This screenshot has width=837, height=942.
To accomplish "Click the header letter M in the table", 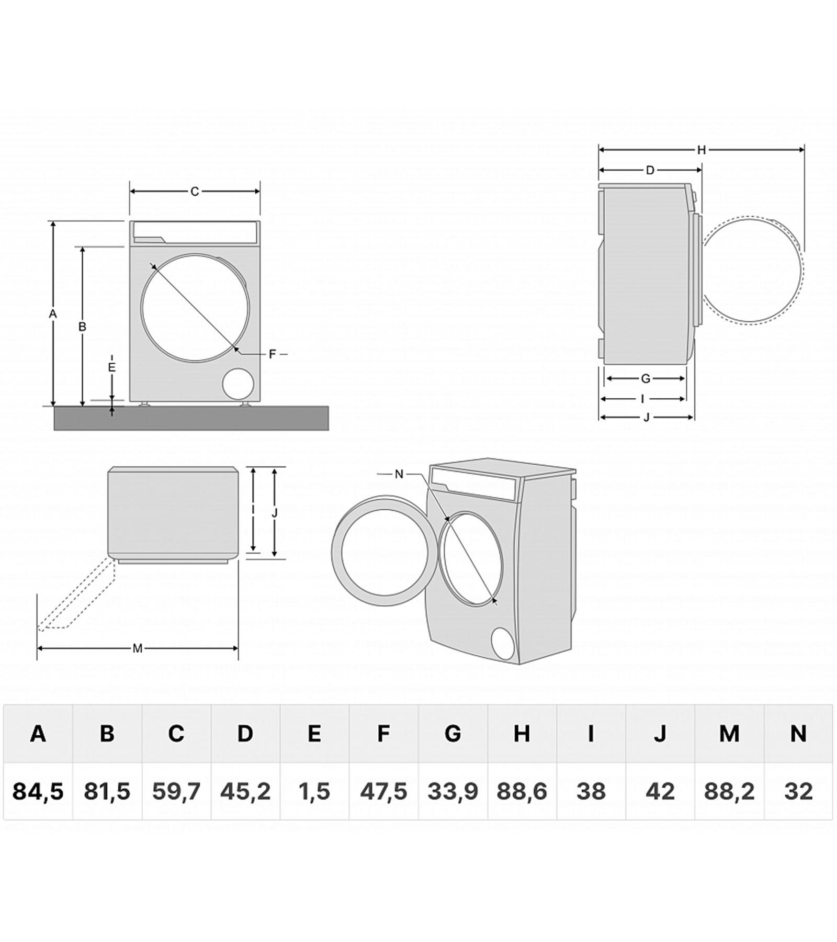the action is click(729, 734).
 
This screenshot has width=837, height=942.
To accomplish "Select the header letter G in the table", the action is click(453, 734).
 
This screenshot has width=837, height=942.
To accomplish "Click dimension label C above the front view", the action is click(195, 192).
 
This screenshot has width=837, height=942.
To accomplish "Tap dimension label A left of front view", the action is click(52, 314).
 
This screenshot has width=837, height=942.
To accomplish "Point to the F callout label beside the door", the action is click(272, 354).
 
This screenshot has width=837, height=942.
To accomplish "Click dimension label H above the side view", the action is click(702, 150).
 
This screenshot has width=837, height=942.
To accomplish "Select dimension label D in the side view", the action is click(650, 170).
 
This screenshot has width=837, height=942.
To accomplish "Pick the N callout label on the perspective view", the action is click(399, 474).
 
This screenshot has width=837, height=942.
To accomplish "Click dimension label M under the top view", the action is click(138, 649).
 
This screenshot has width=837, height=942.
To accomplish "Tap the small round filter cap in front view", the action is click(238, 384).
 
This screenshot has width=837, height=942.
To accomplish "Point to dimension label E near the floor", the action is click(111, 367).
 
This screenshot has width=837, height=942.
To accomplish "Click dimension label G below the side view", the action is click(646, 378).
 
